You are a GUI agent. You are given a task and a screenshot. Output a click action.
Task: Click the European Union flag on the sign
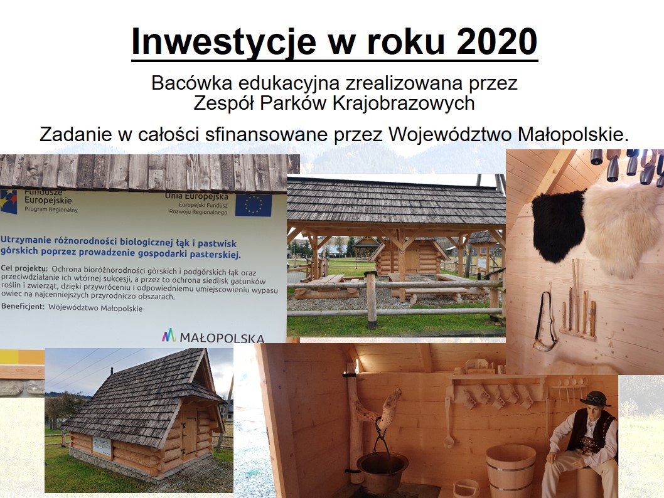253,205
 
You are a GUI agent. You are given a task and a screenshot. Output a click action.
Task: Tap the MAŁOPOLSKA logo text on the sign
222,337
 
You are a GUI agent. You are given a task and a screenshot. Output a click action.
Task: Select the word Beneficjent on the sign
23,306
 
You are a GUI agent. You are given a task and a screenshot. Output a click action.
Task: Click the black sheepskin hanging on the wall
558,225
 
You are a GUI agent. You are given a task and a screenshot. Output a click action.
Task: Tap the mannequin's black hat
596,398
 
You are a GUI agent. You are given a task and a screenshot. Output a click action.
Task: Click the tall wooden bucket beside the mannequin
510,470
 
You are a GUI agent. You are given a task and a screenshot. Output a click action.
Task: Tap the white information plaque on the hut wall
102,447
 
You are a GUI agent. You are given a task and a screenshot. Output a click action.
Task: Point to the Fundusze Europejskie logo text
48,197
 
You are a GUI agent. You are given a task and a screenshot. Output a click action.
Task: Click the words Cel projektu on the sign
24,268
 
